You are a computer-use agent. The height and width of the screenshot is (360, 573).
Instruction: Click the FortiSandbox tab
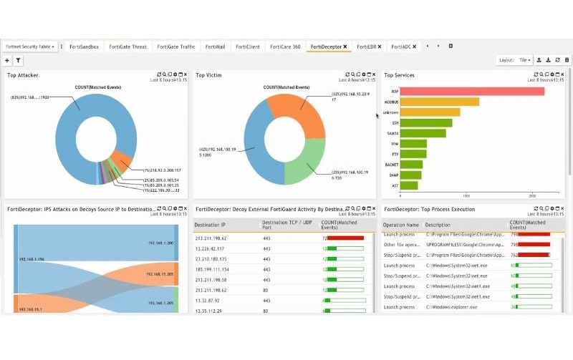85,47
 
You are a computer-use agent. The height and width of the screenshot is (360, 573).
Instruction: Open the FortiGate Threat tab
128,47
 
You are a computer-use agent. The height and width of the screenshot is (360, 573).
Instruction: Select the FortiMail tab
214,47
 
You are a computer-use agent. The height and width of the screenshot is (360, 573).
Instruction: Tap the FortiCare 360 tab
285,47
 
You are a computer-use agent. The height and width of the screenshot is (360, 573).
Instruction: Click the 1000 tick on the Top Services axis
466,195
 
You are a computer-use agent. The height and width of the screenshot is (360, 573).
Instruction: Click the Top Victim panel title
209,75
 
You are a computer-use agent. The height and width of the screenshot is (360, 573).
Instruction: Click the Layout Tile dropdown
524,61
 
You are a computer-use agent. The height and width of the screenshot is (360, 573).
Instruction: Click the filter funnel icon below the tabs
18,61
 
